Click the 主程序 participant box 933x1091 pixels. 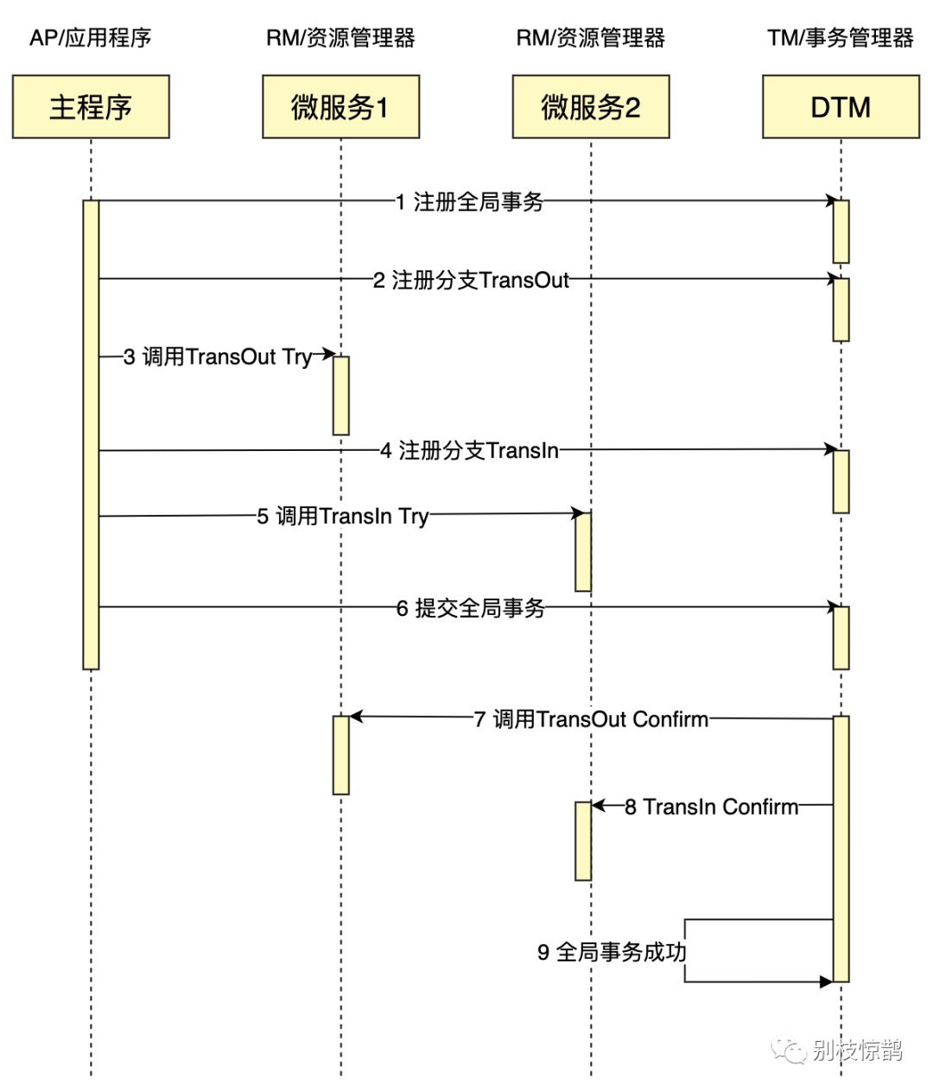[x=91, y=107]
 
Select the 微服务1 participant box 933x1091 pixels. [x=340, y=107]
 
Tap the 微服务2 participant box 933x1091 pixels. [x=591, y=107]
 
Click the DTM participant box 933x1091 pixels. [x=841, y=107]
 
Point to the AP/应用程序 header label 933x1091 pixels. [x=91, y=38]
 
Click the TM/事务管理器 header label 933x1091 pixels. [x=841, y=38]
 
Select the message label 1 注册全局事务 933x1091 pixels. [x=469, y=202]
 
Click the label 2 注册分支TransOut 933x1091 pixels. [x=471, y=280]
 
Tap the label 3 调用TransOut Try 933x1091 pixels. [x=217, y=357]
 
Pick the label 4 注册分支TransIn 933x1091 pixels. [x=469, y=450]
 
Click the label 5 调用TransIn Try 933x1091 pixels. [x=342, y=516]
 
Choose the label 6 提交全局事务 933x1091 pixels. [x=471, y=608]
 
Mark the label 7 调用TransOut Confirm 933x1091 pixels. [x=591, y=719]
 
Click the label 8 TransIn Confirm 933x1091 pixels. [x=711, y=807]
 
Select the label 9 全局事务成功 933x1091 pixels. [x=612, y=952]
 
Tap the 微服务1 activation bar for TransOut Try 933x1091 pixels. [x=340, y=396]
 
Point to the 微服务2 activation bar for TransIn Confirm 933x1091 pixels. [x=583, y=840]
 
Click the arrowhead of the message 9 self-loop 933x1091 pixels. [x=826, y=982]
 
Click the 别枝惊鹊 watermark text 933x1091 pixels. [x=857, y=1050]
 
